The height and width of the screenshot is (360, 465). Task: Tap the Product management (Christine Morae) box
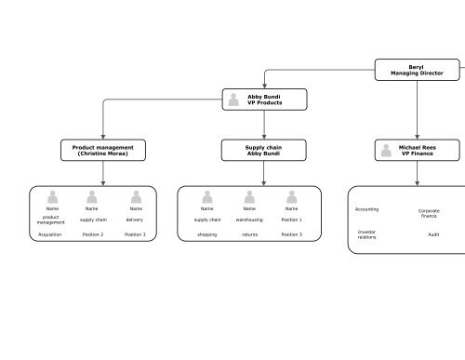pos(102,151)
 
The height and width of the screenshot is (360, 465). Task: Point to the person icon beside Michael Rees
pos(388,151)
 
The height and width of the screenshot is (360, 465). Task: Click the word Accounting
pos(367,209)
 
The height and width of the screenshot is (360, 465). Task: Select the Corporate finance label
pos(429,213)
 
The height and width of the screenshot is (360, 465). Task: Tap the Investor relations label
pos(367,234)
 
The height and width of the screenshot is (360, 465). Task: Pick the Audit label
pos(433,234)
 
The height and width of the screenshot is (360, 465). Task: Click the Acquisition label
pos(50,235)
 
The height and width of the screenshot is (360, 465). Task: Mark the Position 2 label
pos(93,235)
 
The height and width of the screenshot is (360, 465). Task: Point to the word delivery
pos(135,220)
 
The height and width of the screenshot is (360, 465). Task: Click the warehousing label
pos(249,220)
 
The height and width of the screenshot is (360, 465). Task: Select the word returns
pos(249,235)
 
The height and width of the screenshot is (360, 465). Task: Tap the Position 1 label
pos(291,220)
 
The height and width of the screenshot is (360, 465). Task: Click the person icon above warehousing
pos(249,196)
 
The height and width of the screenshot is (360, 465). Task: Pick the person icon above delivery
pos(136,196)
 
